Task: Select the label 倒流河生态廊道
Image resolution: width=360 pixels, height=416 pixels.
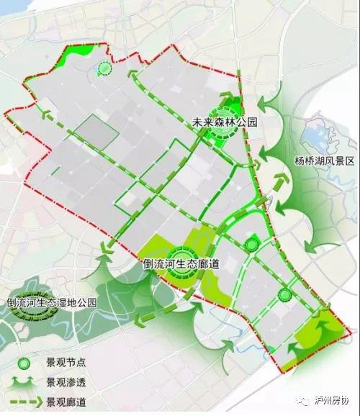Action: coord(181,264)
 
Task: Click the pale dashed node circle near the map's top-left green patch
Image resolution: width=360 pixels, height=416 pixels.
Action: coord(105,69)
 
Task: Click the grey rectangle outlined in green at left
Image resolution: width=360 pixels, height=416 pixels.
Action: coord(95,133)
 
